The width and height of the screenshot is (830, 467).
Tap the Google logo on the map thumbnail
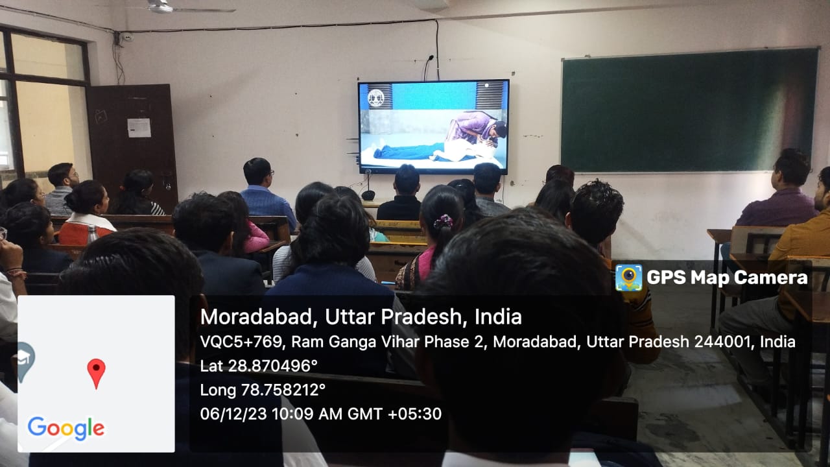(66, 429)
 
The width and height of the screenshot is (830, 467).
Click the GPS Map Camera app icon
(629, 278)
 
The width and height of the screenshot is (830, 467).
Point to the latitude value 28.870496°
(273, 366)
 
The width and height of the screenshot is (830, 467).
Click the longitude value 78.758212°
(283, 390)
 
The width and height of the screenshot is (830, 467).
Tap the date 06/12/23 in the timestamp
(233, 414)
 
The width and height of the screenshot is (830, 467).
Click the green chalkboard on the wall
(689, 110)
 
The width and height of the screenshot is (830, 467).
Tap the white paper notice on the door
(139, 128)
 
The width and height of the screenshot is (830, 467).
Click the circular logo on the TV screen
(375, 98)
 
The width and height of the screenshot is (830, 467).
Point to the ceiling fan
(174, 7)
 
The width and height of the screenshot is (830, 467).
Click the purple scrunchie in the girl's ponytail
(443, 222)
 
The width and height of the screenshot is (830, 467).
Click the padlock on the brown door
(168, 186)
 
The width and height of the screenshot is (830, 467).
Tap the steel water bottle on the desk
(92, 234)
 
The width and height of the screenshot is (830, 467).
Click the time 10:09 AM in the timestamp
(307, 414)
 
